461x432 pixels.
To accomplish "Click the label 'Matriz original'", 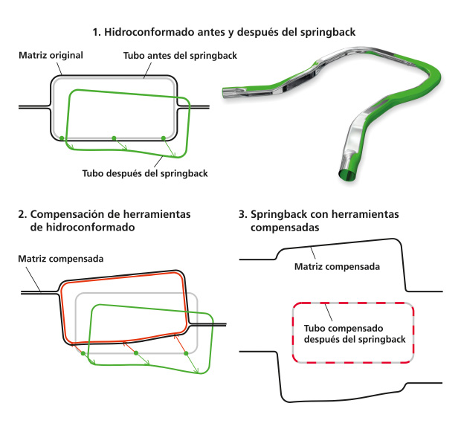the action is (x=51, y=55).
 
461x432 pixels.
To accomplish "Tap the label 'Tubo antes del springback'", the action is (x=180, y=56).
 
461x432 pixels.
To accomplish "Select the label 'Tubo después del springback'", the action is (x=145, y=173).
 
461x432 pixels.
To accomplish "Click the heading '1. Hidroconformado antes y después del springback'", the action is (x=224, y=32).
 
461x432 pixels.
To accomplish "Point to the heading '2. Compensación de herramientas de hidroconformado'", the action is (x=104, y=221).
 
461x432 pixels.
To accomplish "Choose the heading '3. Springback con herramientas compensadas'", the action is (x=319, y=221).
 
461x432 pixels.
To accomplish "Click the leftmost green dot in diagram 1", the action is (x=62, y=138).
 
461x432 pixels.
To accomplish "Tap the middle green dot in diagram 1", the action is (x=114, y=138).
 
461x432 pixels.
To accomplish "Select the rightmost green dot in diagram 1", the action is (x=164, y=138).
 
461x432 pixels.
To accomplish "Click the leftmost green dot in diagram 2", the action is (x=83, y=353).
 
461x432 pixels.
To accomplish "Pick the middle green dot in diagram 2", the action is (x=136, y=353).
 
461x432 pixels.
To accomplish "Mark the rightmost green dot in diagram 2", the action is (x=186, y=353).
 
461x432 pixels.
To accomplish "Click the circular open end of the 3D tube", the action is (x=347, y=175).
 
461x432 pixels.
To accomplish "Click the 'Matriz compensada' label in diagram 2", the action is (x=61, y=259).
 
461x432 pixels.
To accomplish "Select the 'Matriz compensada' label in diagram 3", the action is (x=337, y=267).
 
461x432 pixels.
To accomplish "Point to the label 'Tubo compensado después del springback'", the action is (x=355, y=334).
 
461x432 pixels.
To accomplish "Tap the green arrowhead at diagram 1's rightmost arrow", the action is (x=173, y=154).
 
